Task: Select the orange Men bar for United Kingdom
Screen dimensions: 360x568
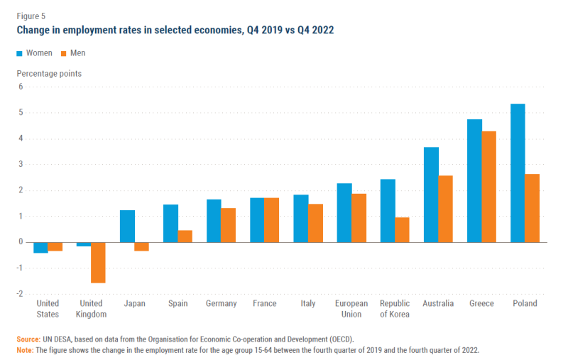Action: pyautogui.click(x=98, y=263)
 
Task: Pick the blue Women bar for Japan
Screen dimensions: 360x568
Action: pyautogui.click(x=127, y=226)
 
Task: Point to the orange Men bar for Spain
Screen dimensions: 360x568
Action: pyautogui.click(x=185, y=236)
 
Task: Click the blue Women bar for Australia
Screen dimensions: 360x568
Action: pyautogui.click(x=431, y=195)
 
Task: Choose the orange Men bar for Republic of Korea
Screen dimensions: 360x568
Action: pyautogui.click(x=402, y=229)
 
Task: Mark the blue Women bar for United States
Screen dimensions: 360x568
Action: pyautogui.click(x=40, y=247)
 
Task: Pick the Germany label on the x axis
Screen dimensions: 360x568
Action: pyautogui.click(x=221, y=304)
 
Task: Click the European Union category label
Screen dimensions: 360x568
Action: pyautogui.click(x=351, y=309)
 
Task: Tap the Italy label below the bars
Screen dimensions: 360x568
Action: pyautogui.click(x=307, y=304)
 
